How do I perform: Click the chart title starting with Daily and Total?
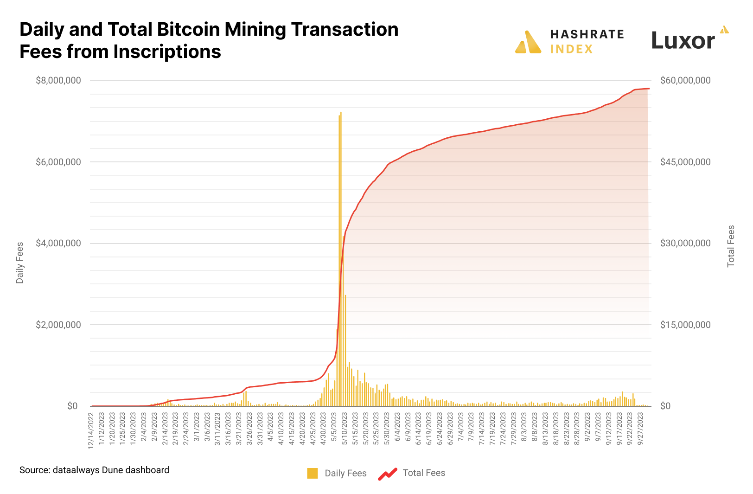(x=209, y=40)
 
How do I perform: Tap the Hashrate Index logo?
(x=569, y=42)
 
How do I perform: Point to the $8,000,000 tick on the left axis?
(x=58, y=81)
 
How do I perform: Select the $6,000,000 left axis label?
(x=58, y=162)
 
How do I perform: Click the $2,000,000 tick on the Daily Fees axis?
(x=58, y=325)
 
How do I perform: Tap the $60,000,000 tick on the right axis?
(x=685, y=81)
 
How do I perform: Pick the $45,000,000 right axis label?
(x=685, y=162)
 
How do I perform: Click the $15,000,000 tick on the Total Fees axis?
(x=685, y=325)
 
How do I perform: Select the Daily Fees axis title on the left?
(x=19, y=263)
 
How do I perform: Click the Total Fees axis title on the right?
(x=731, y=246)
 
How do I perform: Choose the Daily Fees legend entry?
(x=337, y=473)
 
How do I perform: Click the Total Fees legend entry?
(x=412, y=473)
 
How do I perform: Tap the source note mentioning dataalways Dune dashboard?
(x=94, y=470)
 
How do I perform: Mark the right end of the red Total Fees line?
(x=649, y=89)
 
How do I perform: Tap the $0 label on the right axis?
(x=665, y=406)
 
